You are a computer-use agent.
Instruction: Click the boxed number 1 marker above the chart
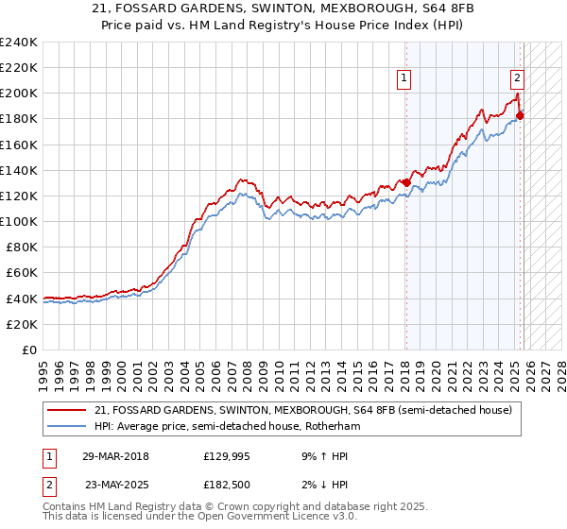click(404, 79)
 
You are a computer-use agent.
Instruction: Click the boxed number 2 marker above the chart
click(518, 79)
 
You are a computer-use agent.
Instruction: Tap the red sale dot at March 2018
click(406, 182)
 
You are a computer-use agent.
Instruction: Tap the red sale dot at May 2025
click(521, 115)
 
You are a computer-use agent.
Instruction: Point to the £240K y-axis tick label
click(18, 43)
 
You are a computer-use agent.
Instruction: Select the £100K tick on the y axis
click(18, 221)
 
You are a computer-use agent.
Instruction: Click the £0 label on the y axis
click(28, 350)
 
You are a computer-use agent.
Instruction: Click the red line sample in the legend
click(67, 410)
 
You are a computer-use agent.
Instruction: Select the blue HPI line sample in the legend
click(67, 426)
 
